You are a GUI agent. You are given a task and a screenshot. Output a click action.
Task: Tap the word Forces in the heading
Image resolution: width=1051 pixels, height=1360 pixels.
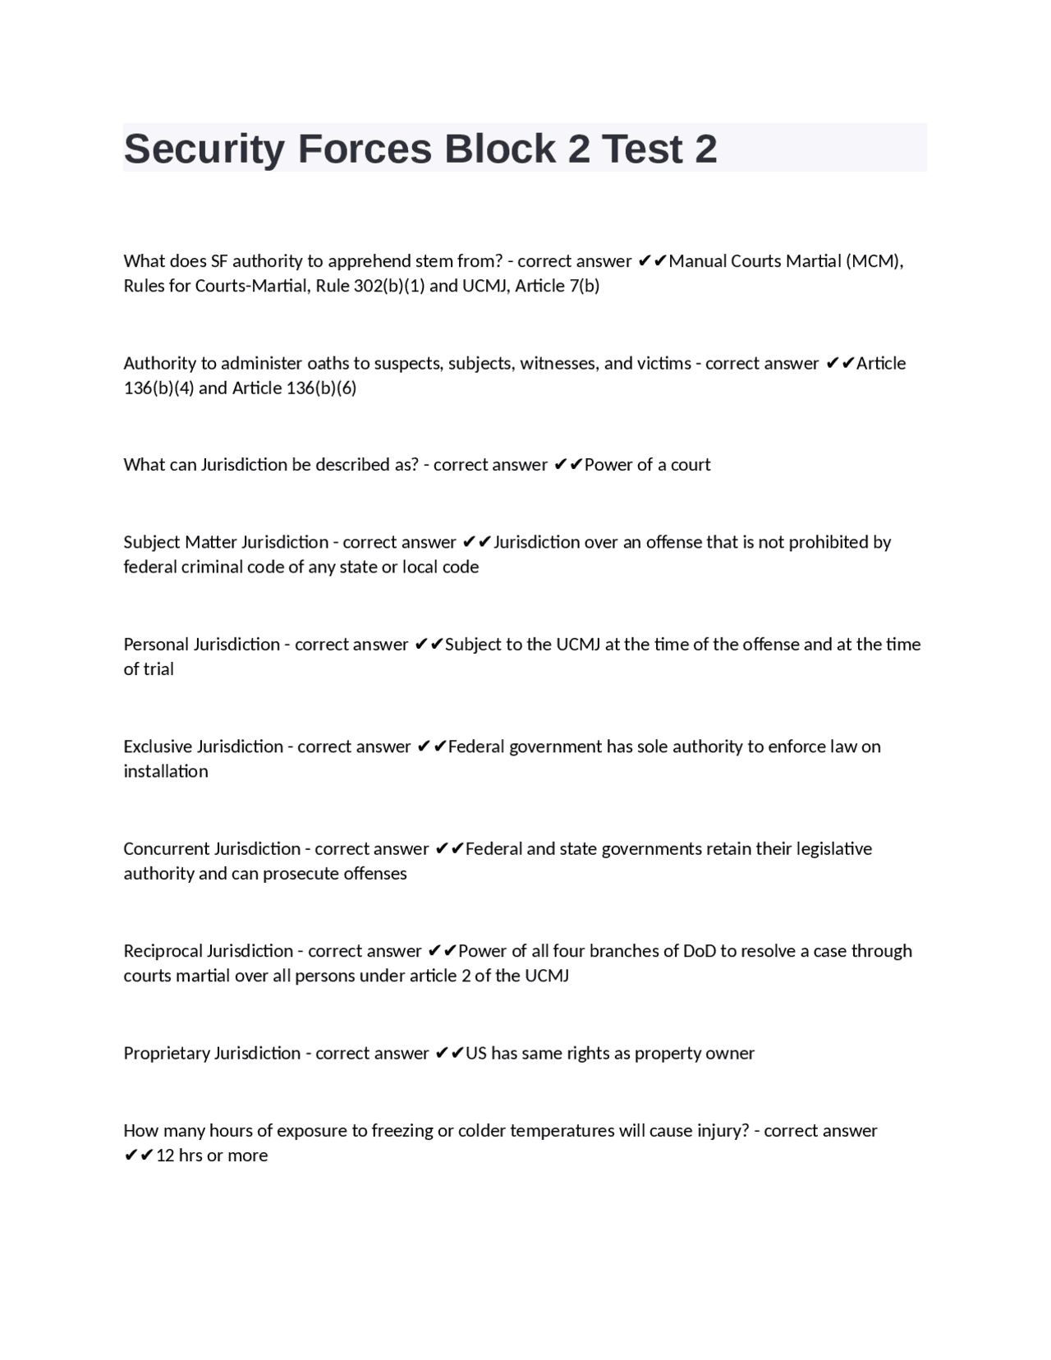tap(364, 149)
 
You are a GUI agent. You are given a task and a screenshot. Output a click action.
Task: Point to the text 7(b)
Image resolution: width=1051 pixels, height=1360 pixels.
tap(584, 286)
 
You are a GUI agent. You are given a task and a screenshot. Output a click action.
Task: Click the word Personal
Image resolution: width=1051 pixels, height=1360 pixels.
tap(156, 644)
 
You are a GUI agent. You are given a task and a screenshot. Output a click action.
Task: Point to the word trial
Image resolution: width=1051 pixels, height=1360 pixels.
tap(159, 669)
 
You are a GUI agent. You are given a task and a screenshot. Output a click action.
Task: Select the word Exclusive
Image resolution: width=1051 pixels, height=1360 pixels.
tap(158, 747)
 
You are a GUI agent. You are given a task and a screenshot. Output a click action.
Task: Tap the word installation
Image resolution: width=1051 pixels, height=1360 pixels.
tap(166, 771)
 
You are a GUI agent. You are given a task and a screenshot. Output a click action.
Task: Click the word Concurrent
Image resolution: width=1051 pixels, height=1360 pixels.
tap(166, 848)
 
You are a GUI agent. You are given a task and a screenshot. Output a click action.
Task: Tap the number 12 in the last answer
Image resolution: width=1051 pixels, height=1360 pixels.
tap(165, 1156)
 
